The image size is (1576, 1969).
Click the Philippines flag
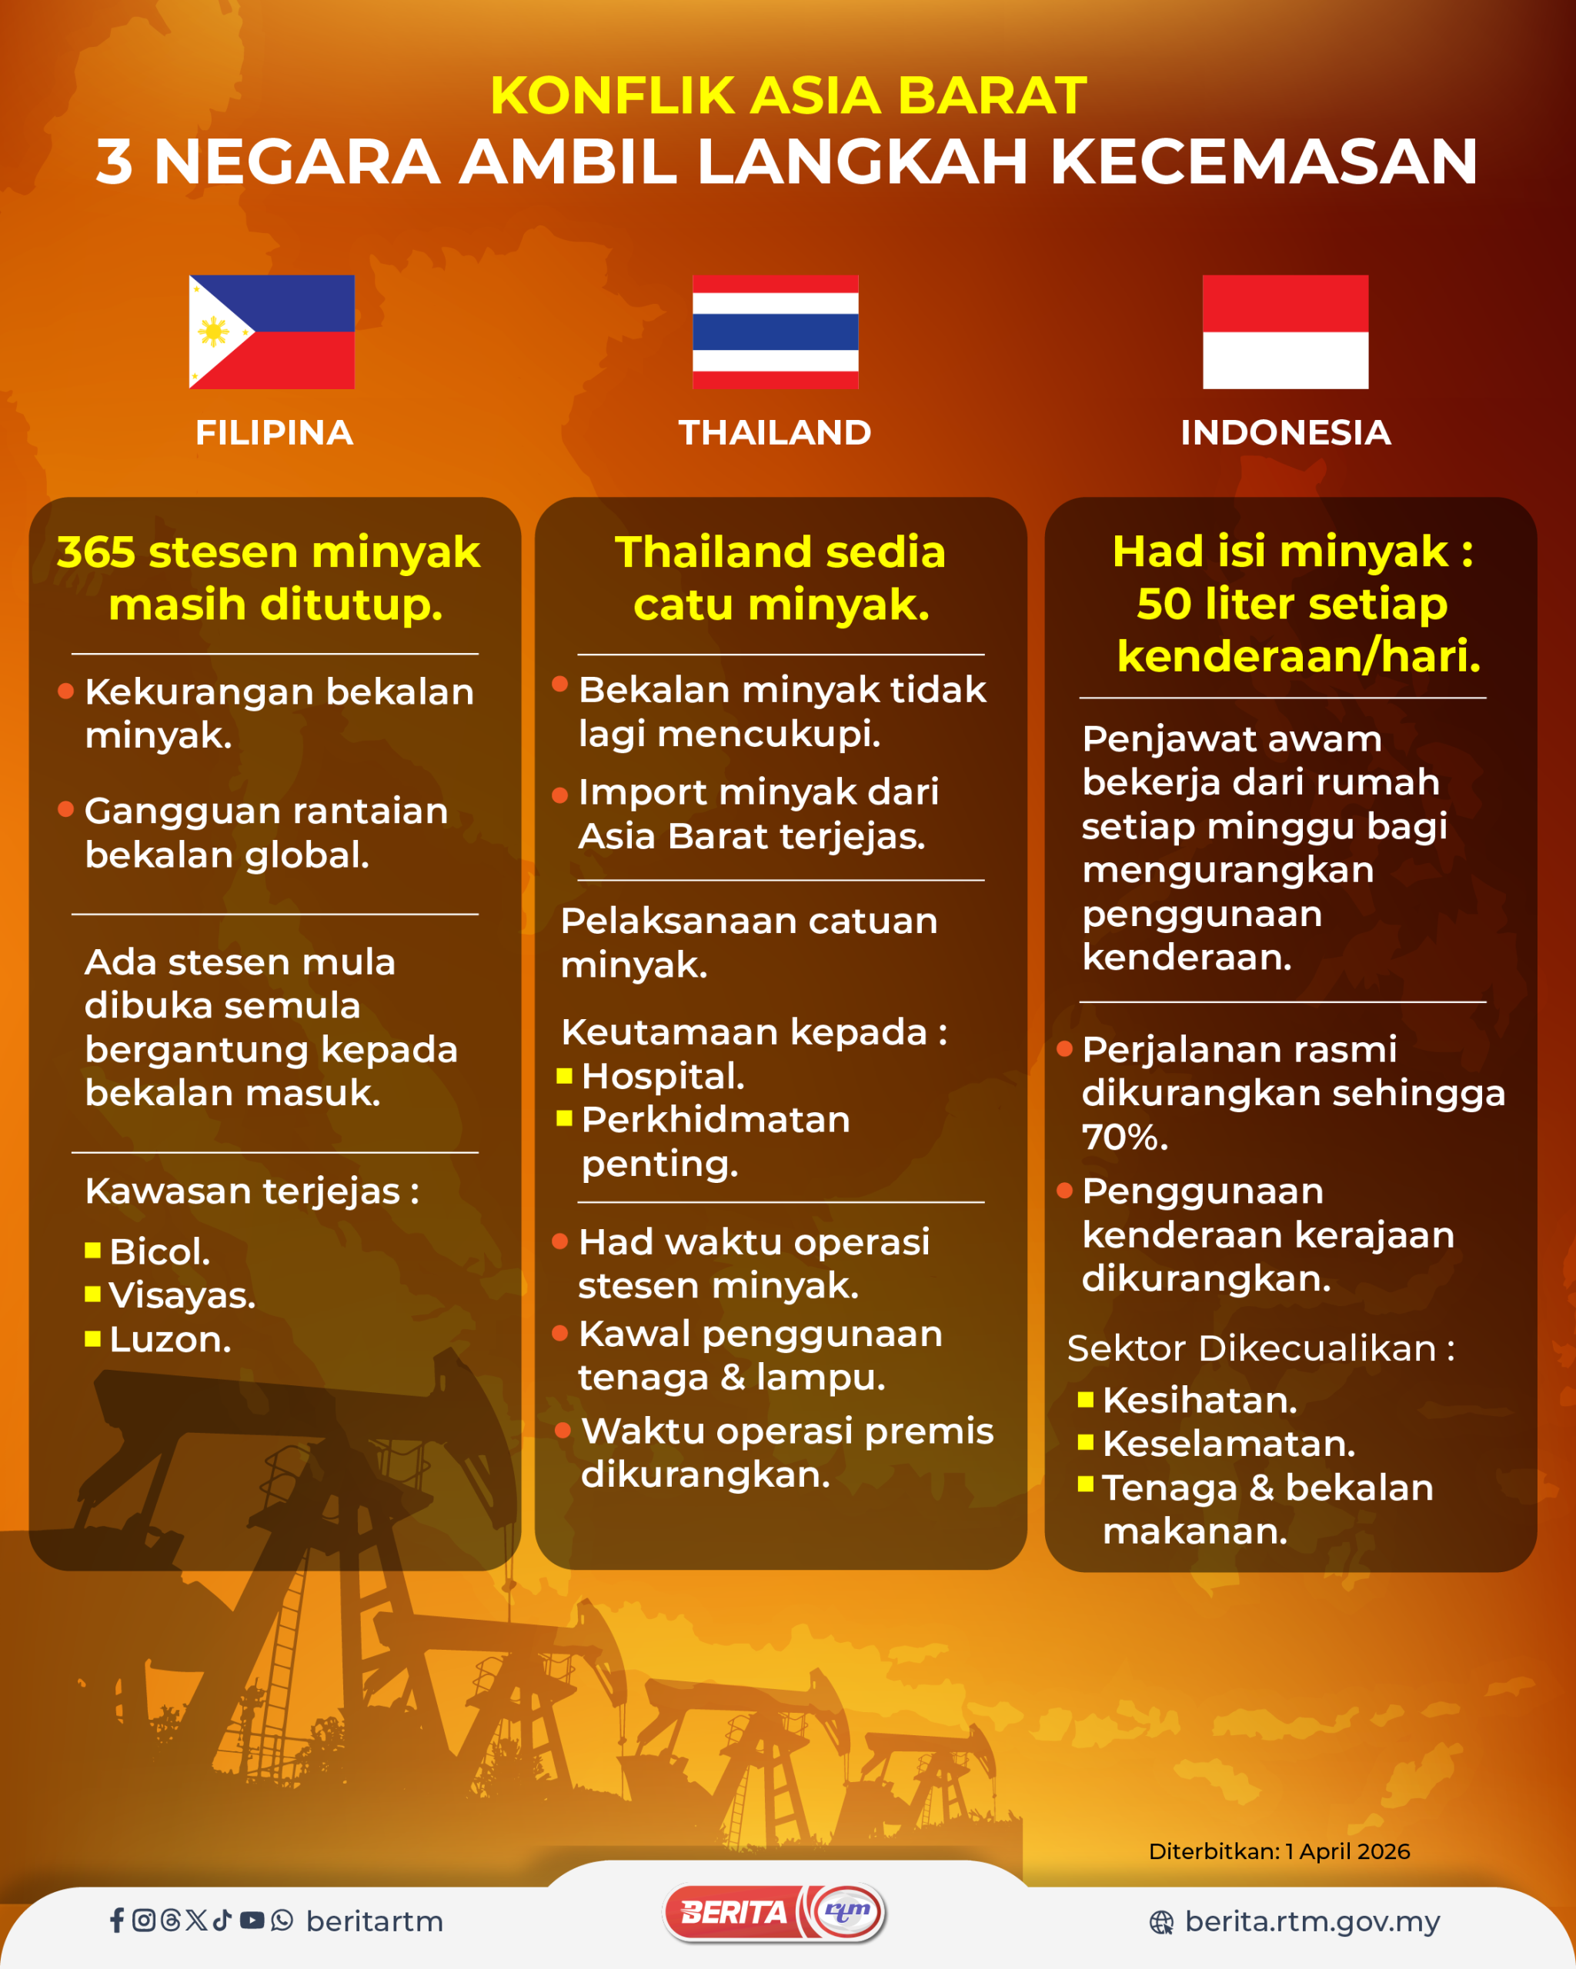[272, 331]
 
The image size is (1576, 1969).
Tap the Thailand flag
[775, 331]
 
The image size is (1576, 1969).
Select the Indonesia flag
[1284, 331]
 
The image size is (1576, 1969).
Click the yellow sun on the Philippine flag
[214, 331]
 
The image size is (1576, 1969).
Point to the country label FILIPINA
[274, 433]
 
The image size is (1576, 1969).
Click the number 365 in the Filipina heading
[96, 552]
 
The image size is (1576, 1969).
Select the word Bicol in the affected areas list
[159, 1251]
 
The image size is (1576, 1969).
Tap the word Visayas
[182, 1296]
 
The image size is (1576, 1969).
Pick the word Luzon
[170, 1340]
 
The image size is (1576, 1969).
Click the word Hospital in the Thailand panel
[663, 1077]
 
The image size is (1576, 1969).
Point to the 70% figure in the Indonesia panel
[1125, 1137]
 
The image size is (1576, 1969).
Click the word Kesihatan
[1200, 1400]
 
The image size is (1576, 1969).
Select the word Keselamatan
[1229, 1444]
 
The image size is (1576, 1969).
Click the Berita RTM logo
[775, 1912]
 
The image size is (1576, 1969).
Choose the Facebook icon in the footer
[117, 1921]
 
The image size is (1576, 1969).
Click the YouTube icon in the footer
[252, 1921]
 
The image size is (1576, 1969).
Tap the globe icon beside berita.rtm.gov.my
[1161, 1922]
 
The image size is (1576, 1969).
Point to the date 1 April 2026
[1347, 1851]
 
